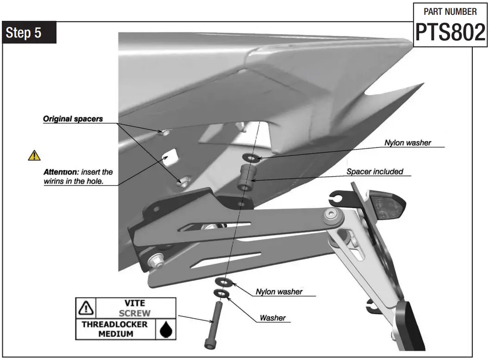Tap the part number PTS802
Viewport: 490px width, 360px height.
click(449, 32)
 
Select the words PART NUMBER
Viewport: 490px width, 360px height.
click(450, 11)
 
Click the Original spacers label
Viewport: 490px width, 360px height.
click(73, 119)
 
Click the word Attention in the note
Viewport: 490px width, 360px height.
click(58, 172)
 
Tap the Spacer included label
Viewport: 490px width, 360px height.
click(375, 172)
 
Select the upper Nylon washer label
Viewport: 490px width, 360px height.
click(408, 143)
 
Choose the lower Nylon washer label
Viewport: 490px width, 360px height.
click(279, 292)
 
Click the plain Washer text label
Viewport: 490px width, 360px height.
click(272, 318)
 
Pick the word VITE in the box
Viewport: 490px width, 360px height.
click(135, 303)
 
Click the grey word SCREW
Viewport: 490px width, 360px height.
click(135, 313)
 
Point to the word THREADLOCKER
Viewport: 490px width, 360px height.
click(115, 324)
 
